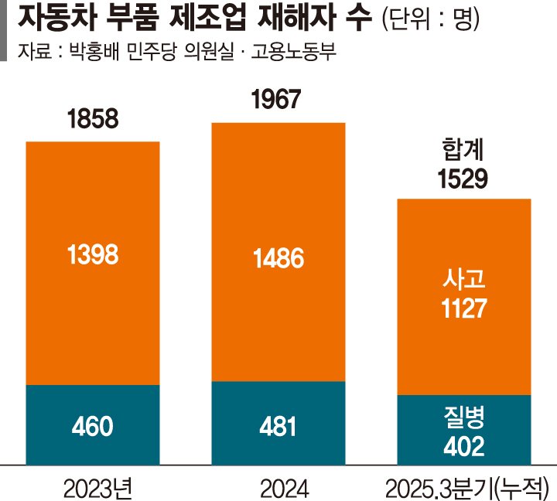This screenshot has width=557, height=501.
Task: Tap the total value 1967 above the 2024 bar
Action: pos(278,101)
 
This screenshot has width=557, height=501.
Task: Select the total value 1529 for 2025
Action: pos(463,180)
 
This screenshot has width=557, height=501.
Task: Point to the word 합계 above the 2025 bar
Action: pos(463,150)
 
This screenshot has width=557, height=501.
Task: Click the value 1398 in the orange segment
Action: pos(93,255)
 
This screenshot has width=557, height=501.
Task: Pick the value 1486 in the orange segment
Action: pos(278,257)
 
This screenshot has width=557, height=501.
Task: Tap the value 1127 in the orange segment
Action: pos(463,309)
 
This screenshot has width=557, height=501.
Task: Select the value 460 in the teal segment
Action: pos(93,425)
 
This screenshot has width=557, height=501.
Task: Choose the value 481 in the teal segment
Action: pos(278,425)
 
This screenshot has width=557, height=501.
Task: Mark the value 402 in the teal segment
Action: pos(463,446)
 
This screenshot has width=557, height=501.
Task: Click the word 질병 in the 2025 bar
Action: pos(463,418)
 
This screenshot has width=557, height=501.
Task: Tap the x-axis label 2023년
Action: pos(97,486)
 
